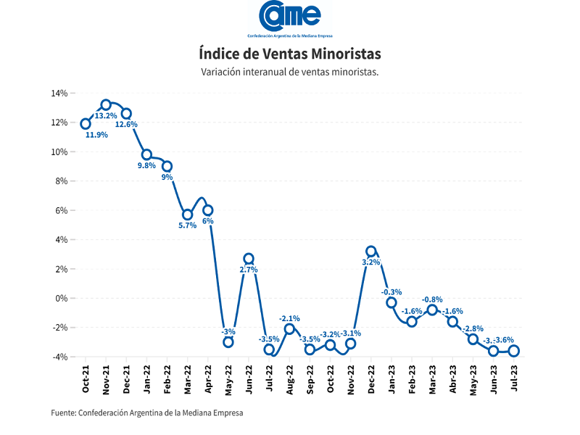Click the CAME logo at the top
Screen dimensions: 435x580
(289, 17)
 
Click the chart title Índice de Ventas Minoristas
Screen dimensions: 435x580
(289, 54)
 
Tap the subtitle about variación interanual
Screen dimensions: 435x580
(289, 72)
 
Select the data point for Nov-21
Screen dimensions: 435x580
(106, 104)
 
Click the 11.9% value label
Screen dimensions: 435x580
(96, 135)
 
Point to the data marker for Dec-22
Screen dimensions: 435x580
(371, 252)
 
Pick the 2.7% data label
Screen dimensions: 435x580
(248, 270)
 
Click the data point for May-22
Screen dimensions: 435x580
(228, 342)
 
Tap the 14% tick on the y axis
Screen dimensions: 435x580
(59, 94)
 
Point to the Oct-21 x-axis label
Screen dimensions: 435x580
(86, 378)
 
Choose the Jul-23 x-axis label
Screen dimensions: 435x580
(514, 378)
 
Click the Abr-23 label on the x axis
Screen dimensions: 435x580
(453, 378)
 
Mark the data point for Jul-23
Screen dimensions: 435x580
(514, 351)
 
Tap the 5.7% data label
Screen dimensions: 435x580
(187, 225)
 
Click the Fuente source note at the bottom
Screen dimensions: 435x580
(147, 413)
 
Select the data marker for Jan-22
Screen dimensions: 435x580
(146, 154)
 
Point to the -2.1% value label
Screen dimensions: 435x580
(289, 318)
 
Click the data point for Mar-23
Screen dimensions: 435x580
(432, 310)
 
